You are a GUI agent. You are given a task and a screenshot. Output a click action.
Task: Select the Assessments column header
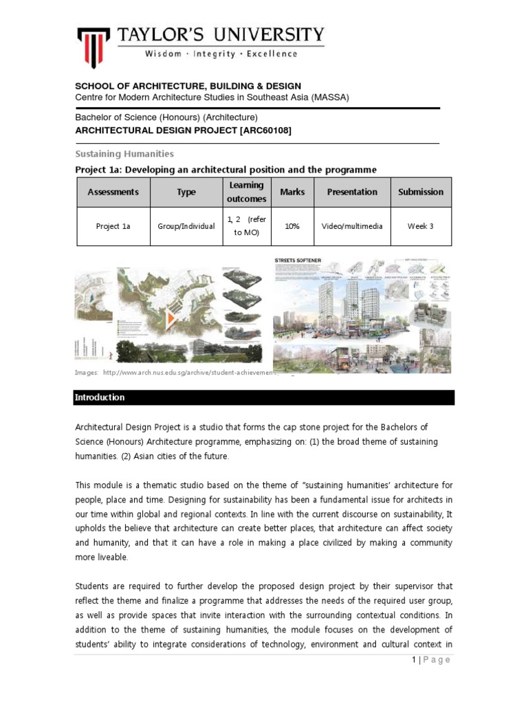(x=112, y=192)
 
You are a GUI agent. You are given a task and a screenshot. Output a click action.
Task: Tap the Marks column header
(x=292, y=192)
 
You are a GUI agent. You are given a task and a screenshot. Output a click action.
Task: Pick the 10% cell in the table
(x=292, y=226)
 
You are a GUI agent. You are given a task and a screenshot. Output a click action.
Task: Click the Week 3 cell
(x=421, y=226)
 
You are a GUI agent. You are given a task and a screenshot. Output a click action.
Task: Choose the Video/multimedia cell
(x=352, y=226)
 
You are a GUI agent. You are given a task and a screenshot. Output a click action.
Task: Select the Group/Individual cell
(x=186, y=226)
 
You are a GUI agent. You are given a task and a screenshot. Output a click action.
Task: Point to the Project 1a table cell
(x=112, y=226)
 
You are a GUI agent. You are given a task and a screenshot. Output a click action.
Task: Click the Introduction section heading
(x=100, y=397)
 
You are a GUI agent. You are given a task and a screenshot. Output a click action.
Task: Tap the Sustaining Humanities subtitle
(x=124, y=154)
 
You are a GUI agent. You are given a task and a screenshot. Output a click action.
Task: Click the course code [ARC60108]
(x=263, y=131)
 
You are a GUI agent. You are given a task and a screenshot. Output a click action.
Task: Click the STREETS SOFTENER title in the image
(x=297, y=261)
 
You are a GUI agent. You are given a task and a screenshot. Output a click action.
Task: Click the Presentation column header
(x=352, y=192)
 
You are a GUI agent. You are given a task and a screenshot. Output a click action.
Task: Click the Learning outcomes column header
(x=246, y=192)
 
